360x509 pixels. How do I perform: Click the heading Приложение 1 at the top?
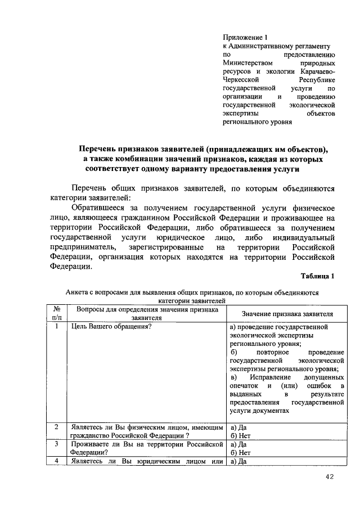pyautogui.click(x=246, y=37)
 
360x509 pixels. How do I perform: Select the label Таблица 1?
pyautogui.click(x=318, y=276)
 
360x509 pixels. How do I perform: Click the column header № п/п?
pyautogui.click(x=56, y=313)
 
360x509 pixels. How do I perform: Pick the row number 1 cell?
pyautogui.click(x=56, y=327)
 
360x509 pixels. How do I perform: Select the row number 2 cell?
pyautogui.click(x=56, y=427)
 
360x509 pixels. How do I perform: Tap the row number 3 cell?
pyautogui.click(x=56, y=444)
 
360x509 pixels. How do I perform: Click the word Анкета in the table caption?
pyautogui.click(x=77, y=292)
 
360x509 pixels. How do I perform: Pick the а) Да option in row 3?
pyautogui.click(x=239, y=444)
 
